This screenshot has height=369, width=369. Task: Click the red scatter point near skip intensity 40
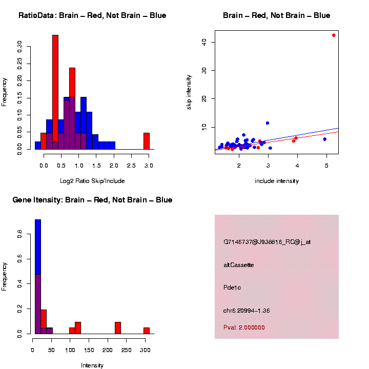click(x=334, y=35)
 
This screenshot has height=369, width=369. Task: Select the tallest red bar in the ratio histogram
click(x=55, y=92)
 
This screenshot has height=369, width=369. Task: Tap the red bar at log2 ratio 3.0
click(x=147, y=141)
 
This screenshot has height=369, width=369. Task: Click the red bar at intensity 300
click(x=147, y=331)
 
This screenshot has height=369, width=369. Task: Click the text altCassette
click(x=238, y=265)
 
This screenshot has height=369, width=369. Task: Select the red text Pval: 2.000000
click(x=244, y=327)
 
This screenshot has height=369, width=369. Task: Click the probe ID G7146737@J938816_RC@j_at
click(x=267, y=242)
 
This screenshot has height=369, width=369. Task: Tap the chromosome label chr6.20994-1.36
click(x=247, y=311)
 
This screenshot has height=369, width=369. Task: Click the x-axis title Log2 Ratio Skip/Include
click(x=92, y=181)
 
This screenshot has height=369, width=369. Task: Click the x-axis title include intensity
click(x=277, y=181)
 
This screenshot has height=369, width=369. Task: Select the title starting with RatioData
click(x=92, y=15)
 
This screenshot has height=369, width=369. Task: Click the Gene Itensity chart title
click(x=92, y=200)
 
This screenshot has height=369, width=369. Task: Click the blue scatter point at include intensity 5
click(x=324, y=139)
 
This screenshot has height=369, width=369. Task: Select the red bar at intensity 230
click(x=118, y=328)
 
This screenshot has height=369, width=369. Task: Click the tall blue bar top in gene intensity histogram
click(x=38, y=220)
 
